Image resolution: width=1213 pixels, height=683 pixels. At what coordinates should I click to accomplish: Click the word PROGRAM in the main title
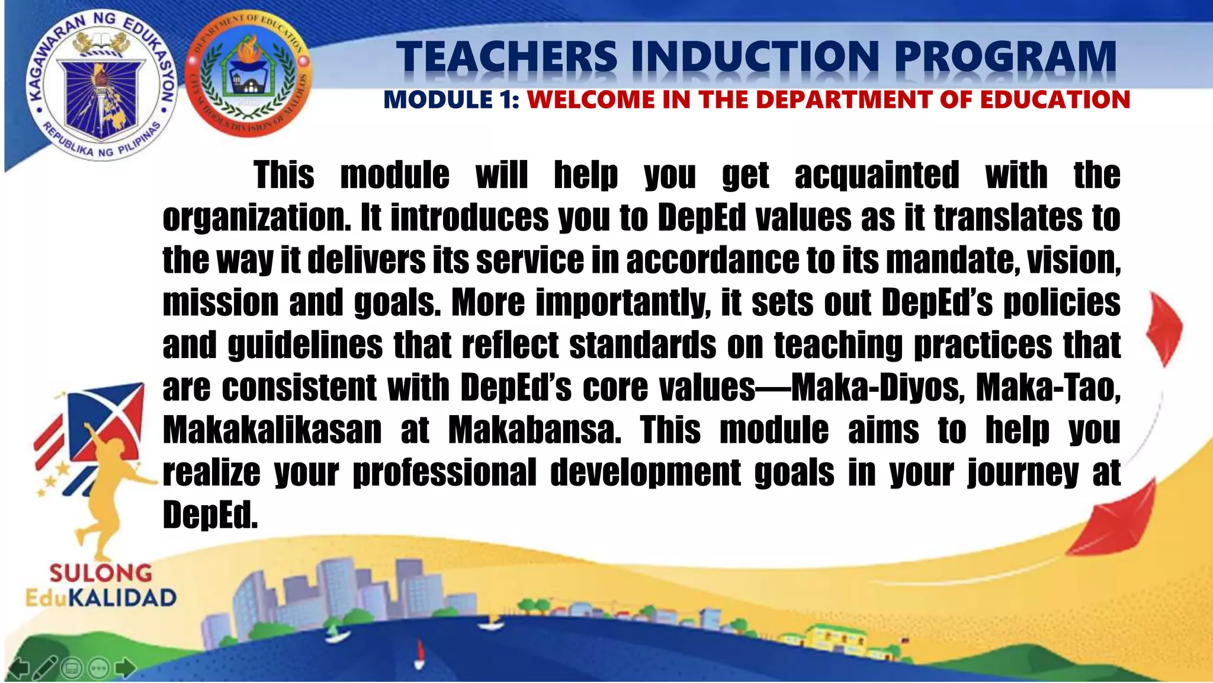[1005, 58]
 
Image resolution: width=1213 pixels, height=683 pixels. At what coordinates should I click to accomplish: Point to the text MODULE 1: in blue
[451, 100]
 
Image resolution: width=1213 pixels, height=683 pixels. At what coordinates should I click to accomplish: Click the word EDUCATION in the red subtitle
[1055, 100]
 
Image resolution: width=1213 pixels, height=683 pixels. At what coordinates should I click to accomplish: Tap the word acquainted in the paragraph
[877, 175]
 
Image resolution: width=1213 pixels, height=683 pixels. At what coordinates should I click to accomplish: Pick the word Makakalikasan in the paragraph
[272, 430]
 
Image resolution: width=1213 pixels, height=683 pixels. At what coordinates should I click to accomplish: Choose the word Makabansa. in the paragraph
[535, 430]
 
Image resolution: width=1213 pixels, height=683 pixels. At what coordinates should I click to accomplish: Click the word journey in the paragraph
[1023, 473]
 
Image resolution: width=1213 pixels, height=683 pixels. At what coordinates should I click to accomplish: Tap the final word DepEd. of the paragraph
[210, 515]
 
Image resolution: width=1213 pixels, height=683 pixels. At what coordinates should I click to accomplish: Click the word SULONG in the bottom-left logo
[101, 573]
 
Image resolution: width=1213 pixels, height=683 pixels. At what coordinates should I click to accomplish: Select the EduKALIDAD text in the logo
[101, 597]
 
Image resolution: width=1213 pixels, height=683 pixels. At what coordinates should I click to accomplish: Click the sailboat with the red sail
[420, 652]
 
